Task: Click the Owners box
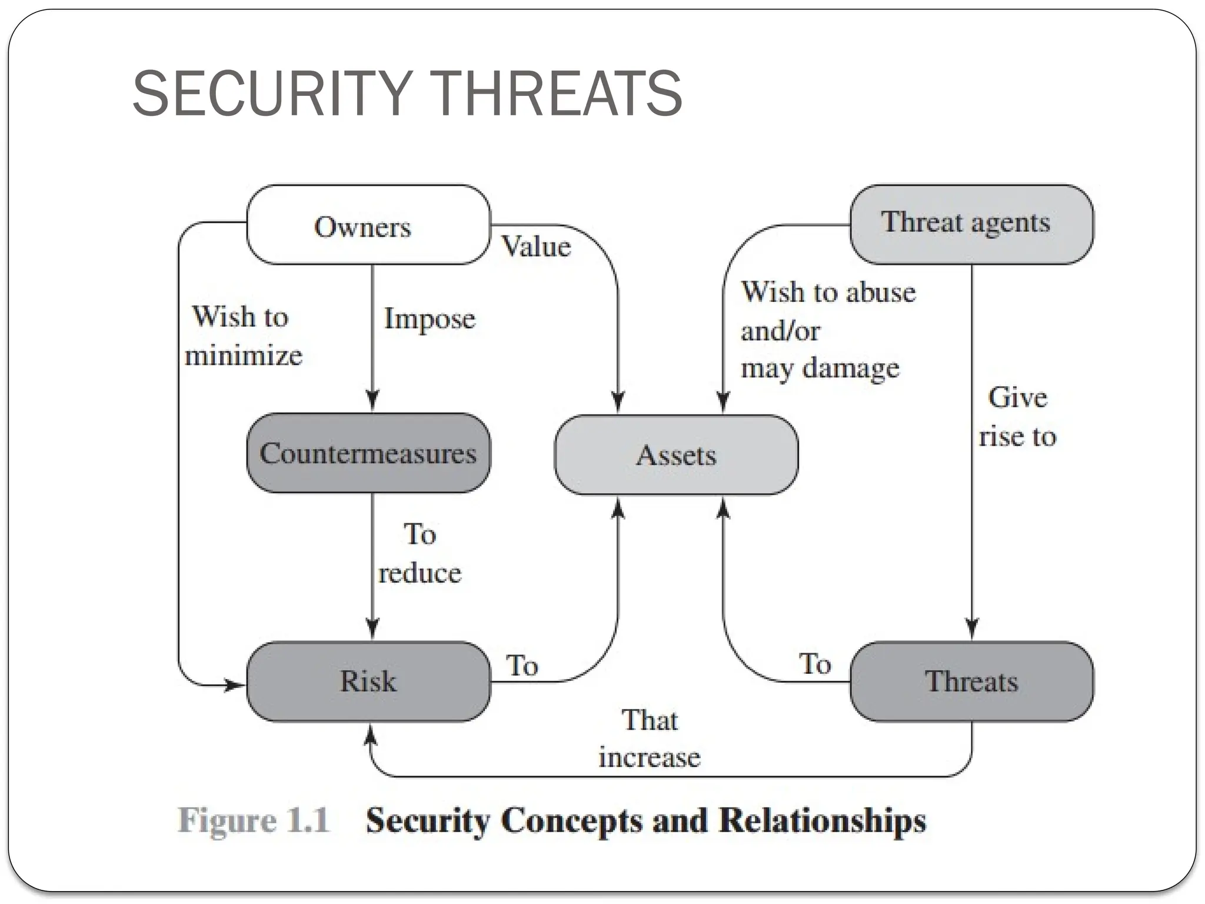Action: click(x=368, y=225)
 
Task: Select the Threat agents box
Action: click(x=971, y=224)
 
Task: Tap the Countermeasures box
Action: click(x=368, y=453)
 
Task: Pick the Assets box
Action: click(x=676, y=455)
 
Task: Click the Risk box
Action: click(x=368, y=681)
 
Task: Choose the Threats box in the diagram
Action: click(x=971, y=681)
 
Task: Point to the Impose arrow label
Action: click(x=430, y=319)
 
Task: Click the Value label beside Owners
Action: click(x=536, y=246)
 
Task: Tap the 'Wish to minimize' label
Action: click(x=242, y=336)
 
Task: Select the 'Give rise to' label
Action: click(x=1018, y=417)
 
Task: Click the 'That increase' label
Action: click(x=650, y=739)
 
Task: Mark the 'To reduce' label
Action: click(x=420, y=554)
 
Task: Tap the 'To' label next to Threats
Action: click(x=815, y=664)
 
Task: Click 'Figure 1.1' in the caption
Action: click(x=254, y=820)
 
